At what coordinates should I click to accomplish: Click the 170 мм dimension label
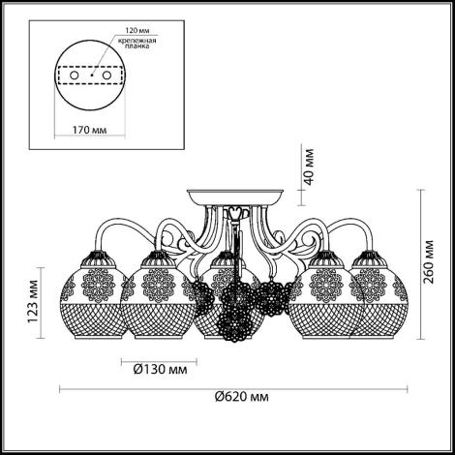89,130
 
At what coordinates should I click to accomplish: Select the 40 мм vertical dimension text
309,167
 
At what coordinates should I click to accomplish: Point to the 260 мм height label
429,261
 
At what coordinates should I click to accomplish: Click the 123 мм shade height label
33,302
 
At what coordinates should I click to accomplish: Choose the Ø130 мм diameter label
160,369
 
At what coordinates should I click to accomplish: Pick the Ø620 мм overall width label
242,396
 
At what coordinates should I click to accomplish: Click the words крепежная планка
137,44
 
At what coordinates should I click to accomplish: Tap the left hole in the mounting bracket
74,76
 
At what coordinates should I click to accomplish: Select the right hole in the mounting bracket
106,76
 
